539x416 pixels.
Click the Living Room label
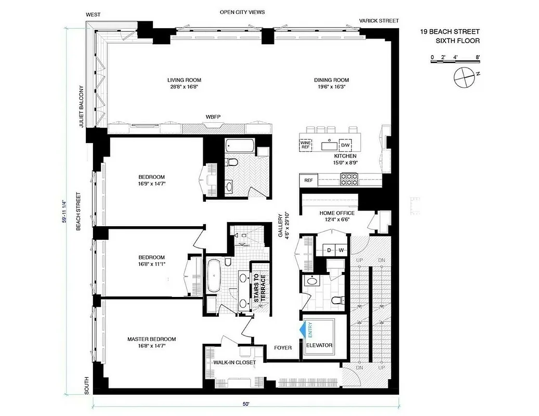click(184, 80)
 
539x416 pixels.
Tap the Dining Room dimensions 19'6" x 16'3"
click(331, 87)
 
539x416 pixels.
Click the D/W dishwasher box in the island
click(345, 145)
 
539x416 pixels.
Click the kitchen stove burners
click(349, 179)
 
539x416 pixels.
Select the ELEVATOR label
click(319, 345)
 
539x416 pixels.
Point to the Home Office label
click(337, 213)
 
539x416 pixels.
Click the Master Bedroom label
click(151, 340)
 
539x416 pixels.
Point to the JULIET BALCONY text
click(82, 107)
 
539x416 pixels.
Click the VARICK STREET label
click(379, 21)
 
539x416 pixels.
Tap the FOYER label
click(283, 347)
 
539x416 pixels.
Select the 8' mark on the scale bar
click(477, 57)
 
